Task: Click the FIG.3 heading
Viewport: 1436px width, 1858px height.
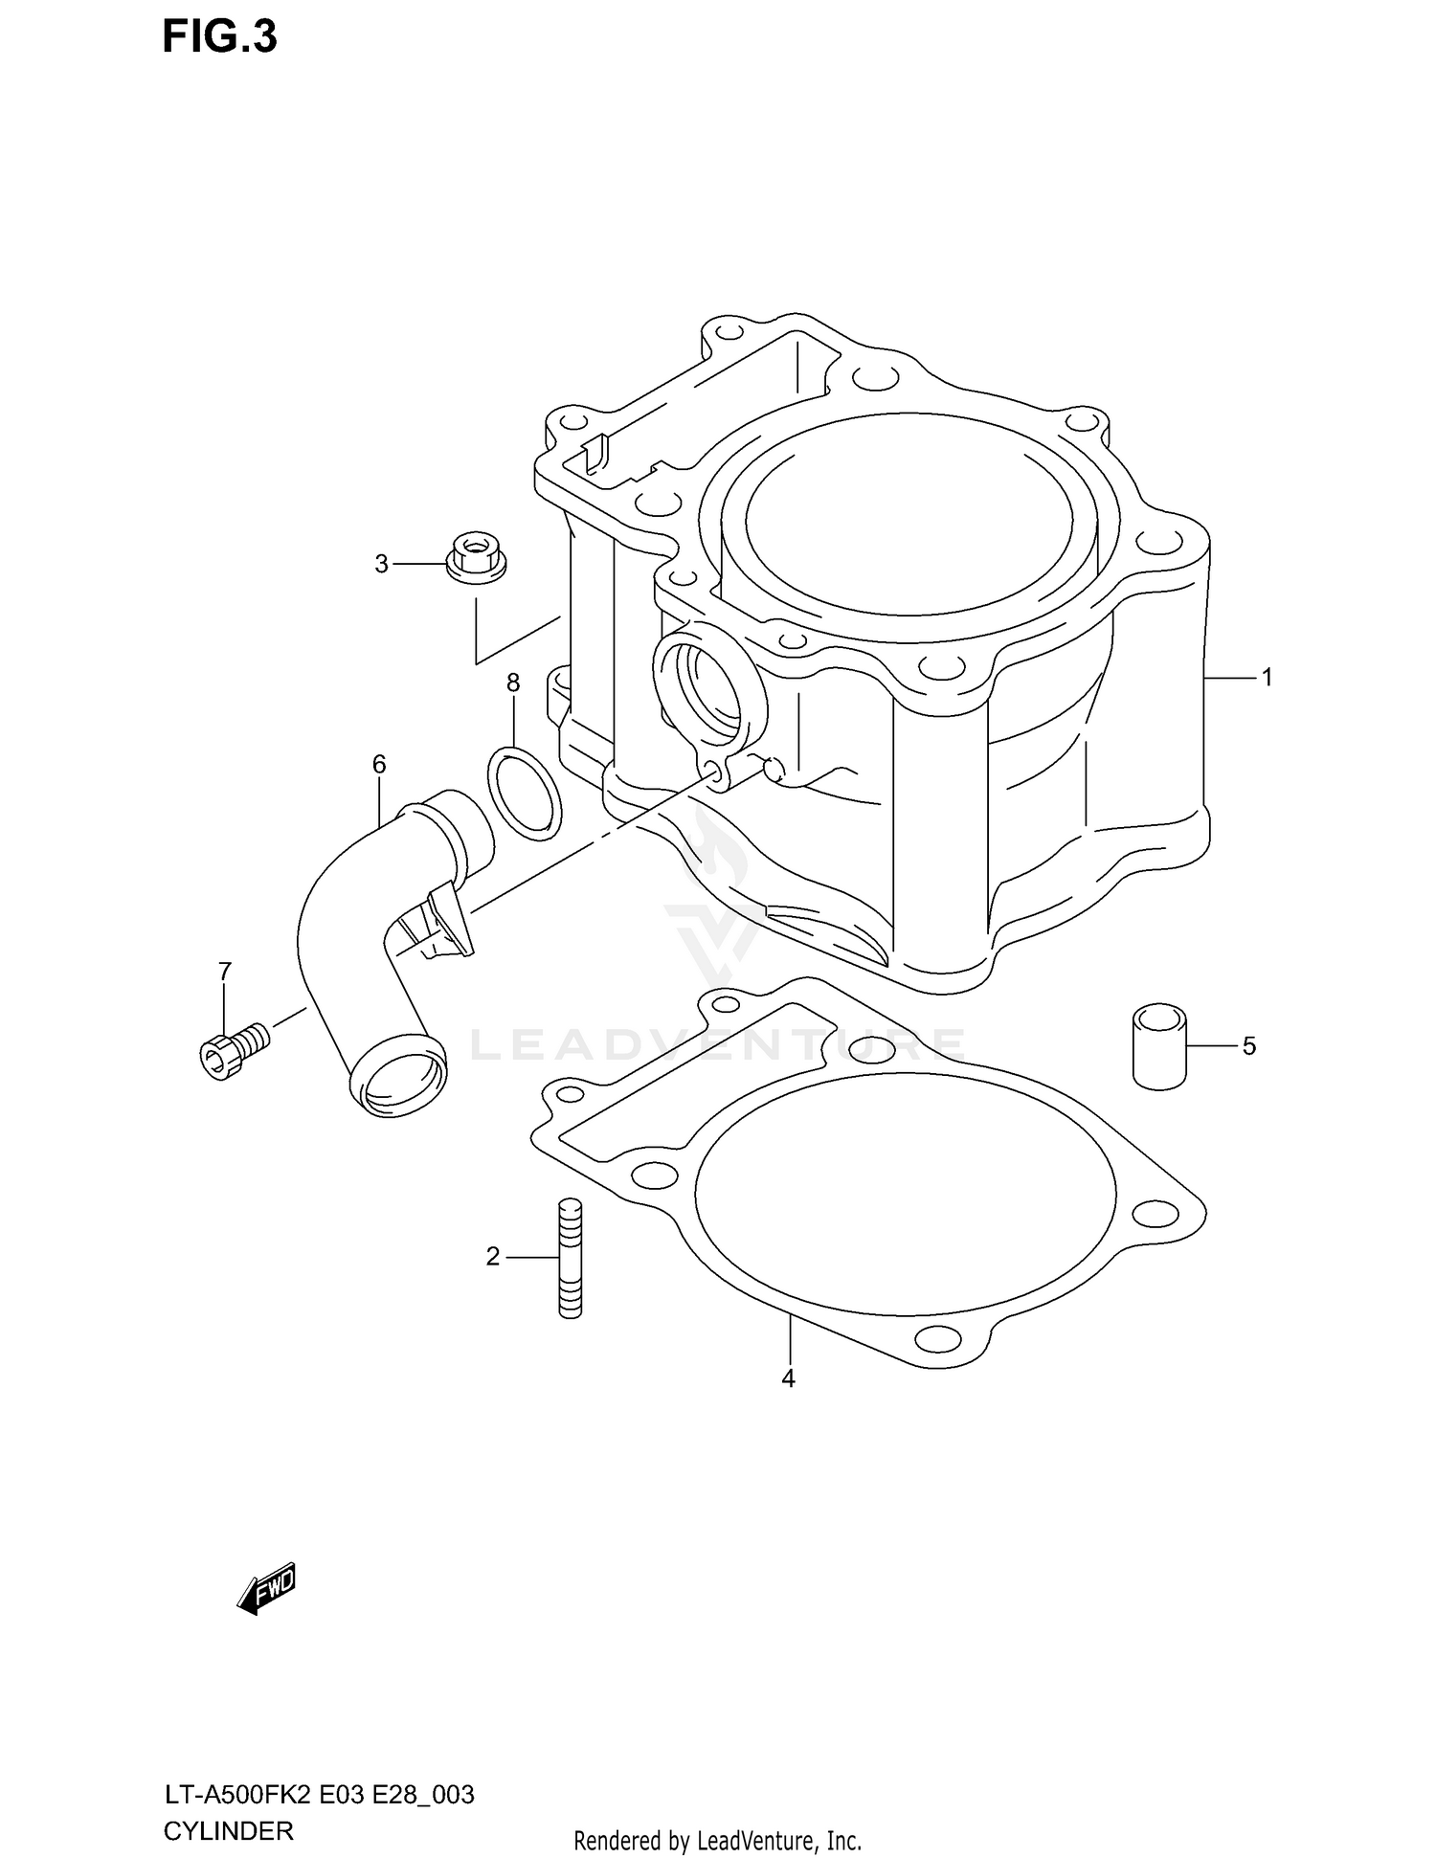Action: [219, 36]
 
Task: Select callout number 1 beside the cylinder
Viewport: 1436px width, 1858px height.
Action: [1267, 678]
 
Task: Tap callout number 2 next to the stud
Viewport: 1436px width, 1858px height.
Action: [492, 1257]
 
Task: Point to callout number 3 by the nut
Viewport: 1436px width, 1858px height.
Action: [381, 565]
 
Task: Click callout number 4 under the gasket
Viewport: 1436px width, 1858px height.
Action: [788, 1378]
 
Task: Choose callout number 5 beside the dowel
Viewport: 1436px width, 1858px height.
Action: [1248, 1046]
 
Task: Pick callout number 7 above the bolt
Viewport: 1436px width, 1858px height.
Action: [224, 972]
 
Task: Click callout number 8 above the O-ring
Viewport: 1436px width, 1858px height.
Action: [513, 683]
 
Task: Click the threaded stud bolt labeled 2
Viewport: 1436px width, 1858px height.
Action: [570, 1258]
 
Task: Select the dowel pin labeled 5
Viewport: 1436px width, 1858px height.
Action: [1158, 1046]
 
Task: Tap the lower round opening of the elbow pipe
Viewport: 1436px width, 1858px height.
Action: [399, 1080]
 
